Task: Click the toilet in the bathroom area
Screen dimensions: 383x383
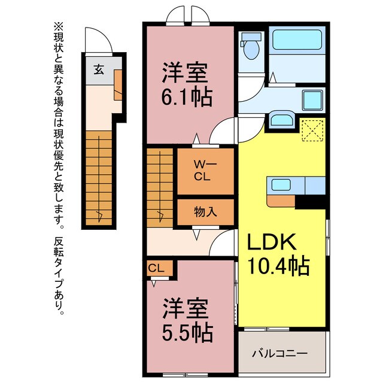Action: pyautogui.click(x=250, y=47)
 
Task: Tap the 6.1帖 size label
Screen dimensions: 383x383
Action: pyautogui.click(x=186, y=96)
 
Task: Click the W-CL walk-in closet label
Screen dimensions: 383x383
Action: pyautogui.click(x=201, y=171)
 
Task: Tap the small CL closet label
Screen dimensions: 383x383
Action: pyautogui.click(x=156, y=269)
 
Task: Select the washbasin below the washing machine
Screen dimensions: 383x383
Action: pyautogui.click(x=281, y=119)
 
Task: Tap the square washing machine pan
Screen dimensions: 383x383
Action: pyautogui.click(x=312, y=100)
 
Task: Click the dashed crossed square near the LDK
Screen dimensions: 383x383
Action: pyautogui.click(x=312, y=129)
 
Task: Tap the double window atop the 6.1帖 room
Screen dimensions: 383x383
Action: pyautogui.click(x=187, y=15)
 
